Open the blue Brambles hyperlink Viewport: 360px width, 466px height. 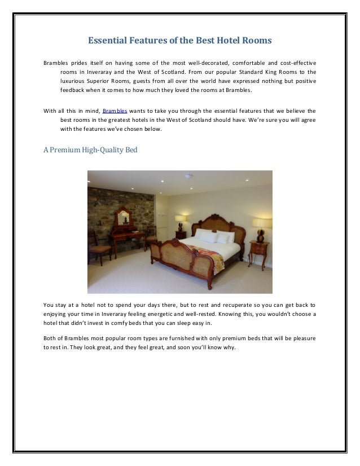115,111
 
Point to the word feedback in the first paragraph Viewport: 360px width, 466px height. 73,90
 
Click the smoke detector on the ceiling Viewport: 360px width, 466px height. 188,176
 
